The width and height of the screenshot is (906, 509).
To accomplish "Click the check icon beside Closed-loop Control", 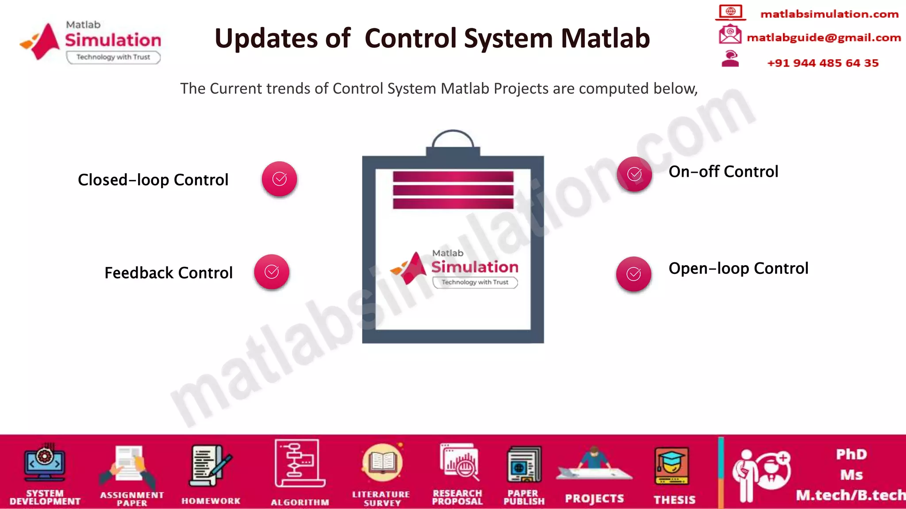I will (279, 179).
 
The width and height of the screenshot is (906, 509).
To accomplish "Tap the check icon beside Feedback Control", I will (272, 272).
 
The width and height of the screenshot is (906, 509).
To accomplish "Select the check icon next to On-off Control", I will (634, 174).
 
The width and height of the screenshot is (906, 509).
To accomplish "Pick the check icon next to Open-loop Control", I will (633, 274).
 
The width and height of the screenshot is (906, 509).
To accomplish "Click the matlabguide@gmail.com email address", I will (823, 38).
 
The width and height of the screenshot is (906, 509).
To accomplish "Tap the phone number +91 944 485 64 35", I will (822, 63).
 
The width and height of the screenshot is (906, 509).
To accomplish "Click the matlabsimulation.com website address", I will (829, 14).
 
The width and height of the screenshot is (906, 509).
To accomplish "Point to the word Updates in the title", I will (282, 38).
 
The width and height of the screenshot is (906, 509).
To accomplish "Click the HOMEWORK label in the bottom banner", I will (211, 501).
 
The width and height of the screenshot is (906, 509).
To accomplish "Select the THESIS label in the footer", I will (674, 500).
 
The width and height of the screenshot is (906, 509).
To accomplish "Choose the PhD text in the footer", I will (851, 454).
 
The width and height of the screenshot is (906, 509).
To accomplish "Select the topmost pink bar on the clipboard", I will (453, 177).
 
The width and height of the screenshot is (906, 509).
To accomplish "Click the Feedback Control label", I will (168, 273).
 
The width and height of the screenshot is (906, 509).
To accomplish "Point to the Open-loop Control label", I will (738, 268).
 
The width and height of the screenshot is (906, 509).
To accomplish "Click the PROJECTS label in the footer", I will (594, 498).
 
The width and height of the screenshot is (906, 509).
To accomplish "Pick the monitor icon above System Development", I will (45, 464).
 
